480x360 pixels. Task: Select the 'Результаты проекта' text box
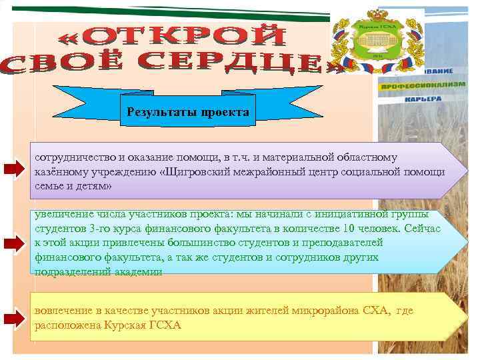click(187, 112)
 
